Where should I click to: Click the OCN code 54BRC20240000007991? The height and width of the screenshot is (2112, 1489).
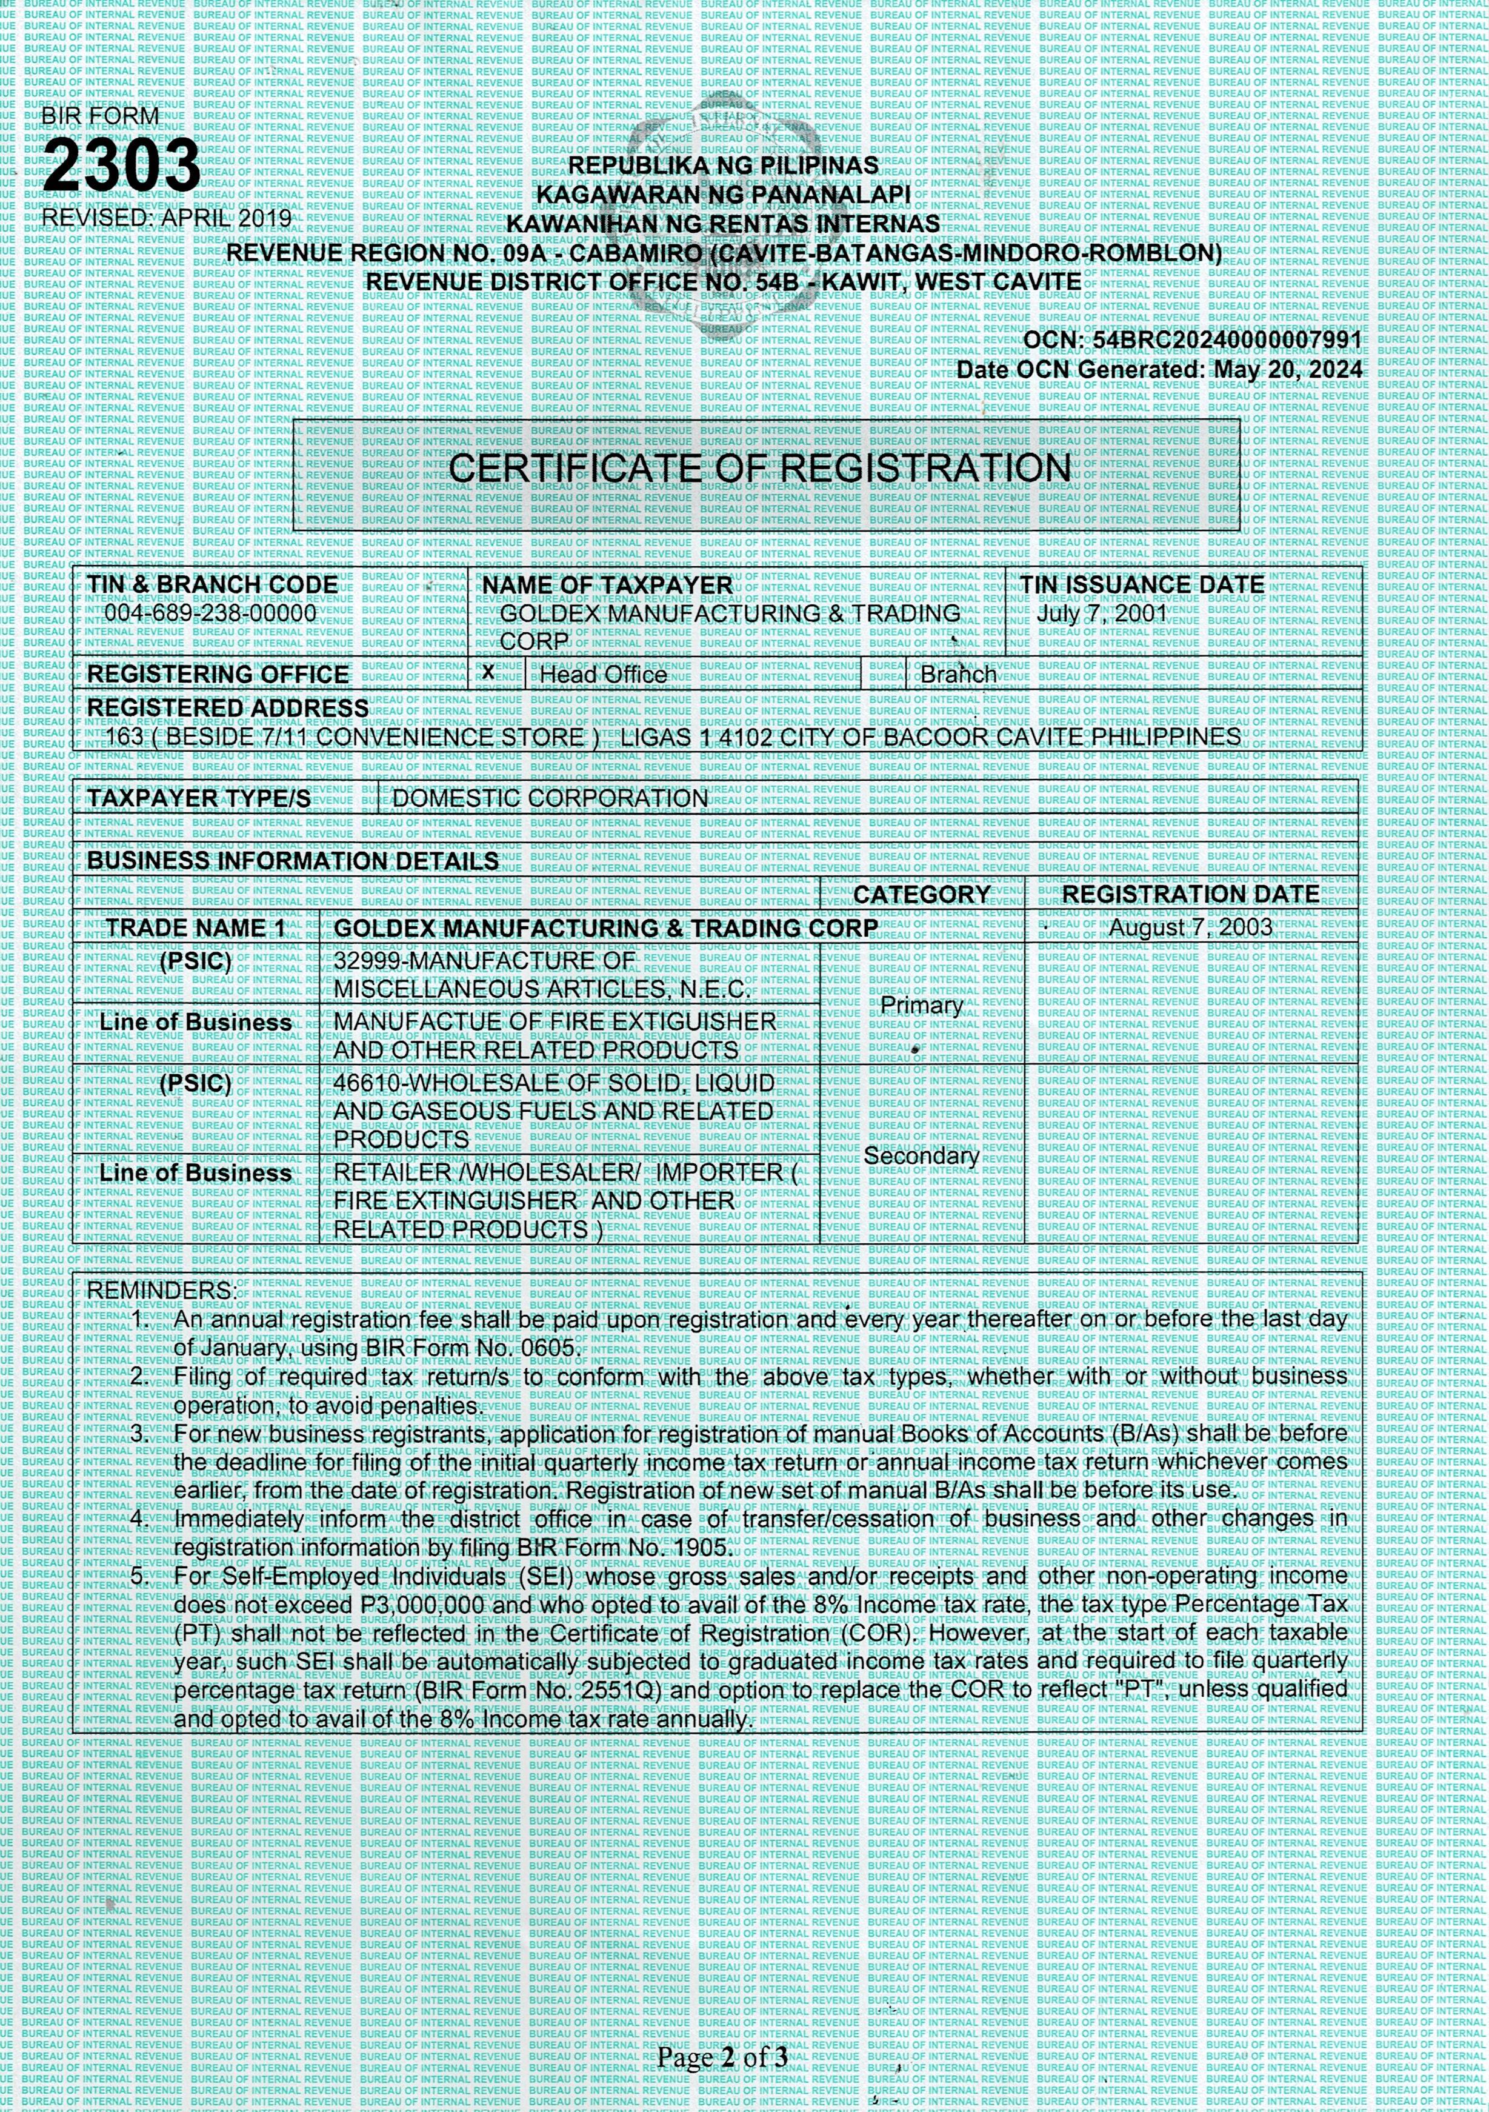point(1227,340)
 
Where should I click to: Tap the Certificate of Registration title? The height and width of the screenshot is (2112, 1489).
point(760,468)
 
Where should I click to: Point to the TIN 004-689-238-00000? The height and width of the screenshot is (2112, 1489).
point(211,613)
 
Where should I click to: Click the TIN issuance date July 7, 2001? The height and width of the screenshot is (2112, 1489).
point(1101,613)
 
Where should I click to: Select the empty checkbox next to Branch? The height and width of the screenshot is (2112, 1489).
point(884,674)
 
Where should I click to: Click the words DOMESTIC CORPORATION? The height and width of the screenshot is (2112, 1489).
point(550,798)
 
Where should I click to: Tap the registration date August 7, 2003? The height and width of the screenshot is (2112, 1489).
point(1190,927)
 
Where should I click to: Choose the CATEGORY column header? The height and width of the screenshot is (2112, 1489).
point(922,894)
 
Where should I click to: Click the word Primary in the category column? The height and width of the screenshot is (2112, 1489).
point(922,1006)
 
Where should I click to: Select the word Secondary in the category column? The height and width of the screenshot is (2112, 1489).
point(922,1156)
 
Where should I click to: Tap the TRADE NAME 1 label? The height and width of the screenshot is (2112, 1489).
point(196,928)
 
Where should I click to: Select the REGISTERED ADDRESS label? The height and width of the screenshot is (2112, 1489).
point(227,708)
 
